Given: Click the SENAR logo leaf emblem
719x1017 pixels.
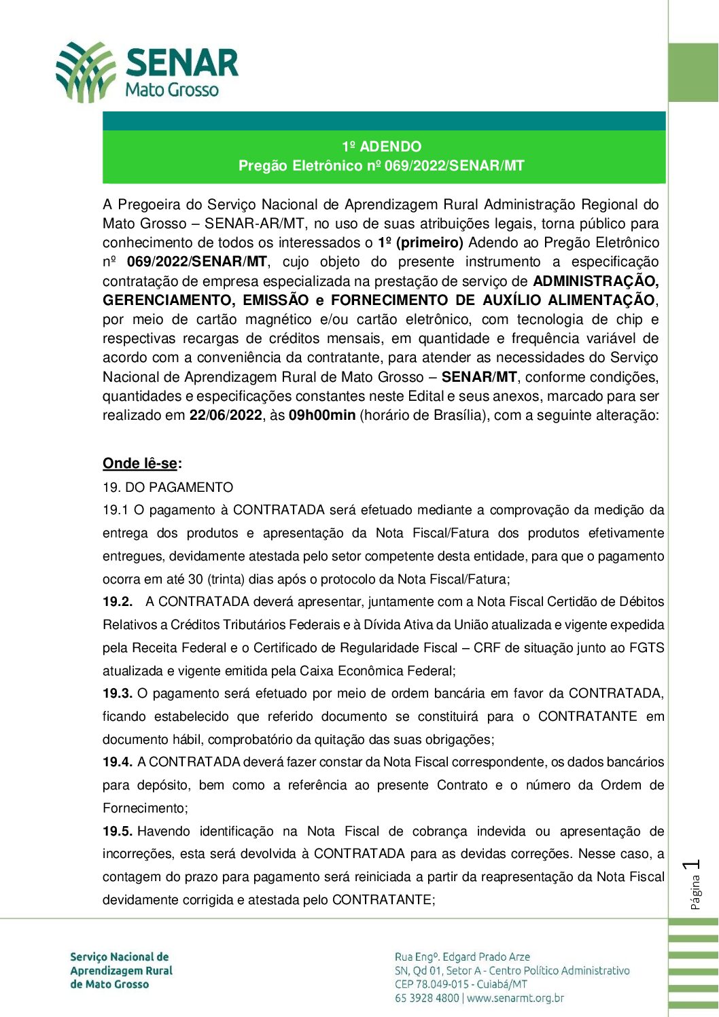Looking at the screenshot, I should [x=86, y=71].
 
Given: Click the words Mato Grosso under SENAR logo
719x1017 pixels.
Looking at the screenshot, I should [x=172, y=90].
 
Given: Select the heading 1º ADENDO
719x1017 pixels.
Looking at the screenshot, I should [x=381, y=147].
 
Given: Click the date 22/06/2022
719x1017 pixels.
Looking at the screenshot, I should [x=225, y=415].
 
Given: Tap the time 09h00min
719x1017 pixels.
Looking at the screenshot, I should [x=321, y=415].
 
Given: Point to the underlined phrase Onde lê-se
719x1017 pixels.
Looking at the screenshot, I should [x=140, y=463].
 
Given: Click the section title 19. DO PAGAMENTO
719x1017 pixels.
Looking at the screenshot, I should [x=168, y=487].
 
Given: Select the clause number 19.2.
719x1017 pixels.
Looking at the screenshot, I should [x=117, y=602].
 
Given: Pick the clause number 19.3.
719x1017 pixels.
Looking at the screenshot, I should [x=117, y=694].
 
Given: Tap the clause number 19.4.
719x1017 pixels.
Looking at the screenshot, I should [x=117, y=762].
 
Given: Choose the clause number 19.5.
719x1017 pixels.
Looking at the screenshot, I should [x=117, y=832].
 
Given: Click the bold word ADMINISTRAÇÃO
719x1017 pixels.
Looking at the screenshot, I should [x=595, y=281].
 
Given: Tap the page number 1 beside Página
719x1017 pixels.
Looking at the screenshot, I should [x=693, y=865].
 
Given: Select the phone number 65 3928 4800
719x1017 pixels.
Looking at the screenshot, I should [x=427, y=998].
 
